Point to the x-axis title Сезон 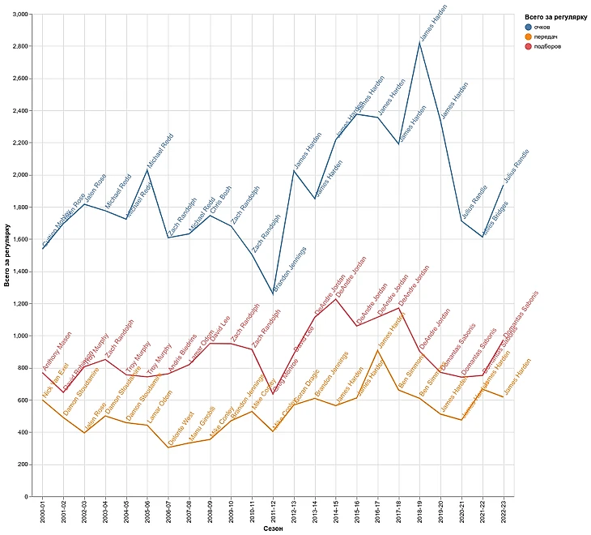tap(273, 529)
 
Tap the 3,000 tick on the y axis tap(17, 15)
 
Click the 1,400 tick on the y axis tap(17, 272)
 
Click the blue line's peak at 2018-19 tap(420, 41)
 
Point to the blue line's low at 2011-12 tap(273, 293)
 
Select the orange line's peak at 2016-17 tap(378, 350)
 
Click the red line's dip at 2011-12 tap(273, 394)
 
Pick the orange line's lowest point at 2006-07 tap(168, 447)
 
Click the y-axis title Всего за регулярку tap(7, 255)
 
